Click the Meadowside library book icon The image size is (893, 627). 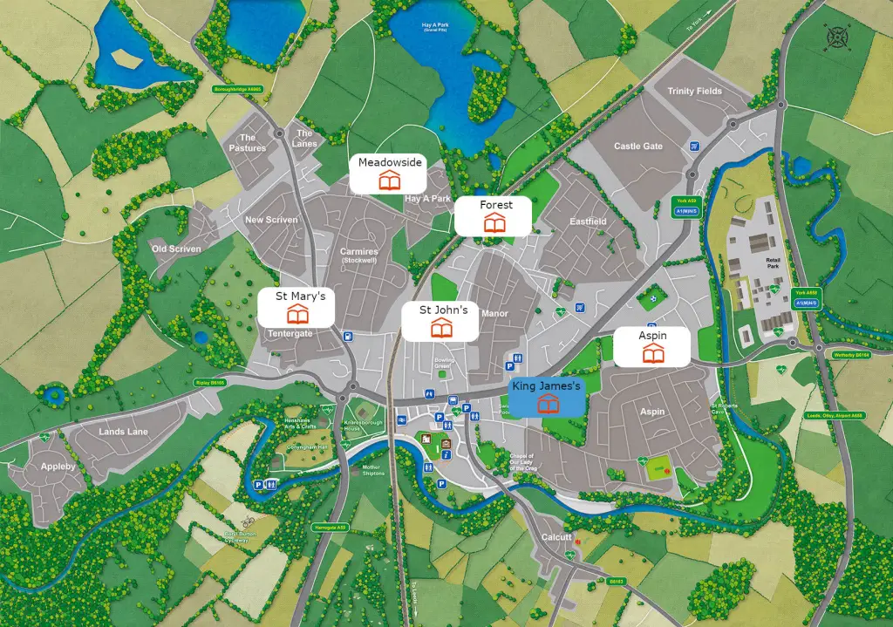(x=389, y=181)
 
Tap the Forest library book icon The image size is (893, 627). (x=494, y=222)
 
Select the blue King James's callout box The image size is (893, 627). (x=546, y=398)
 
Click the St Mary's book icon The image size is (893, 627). (x=298, y=314)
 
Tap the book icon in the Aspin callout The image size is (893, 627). (x=652, y=353)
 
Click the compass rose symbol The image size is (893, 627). (x=837, y=39)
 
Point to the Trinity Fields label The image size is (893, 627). (x=694, y=92)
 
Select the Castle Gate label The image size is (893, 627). (x=638, y=147)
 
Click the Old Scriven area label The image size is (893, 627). (x=176, y=249)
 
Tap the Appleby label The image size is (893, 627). (x=58, y=467)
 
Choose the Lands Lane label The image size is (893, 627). (x=123, y=432)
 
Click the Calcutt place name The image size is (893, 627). (x=556, y=537)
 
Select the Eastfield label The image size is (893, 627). (x=588, y=221)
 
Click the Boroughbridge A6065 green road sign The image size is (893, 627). (x=237, y=89)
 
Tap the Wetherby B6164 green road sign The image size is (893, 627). (x=851, y=356)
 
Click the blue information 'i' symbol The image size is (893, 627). (x=446, y=444)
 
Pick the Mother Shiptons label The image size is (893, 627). (x=373, y=469)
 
